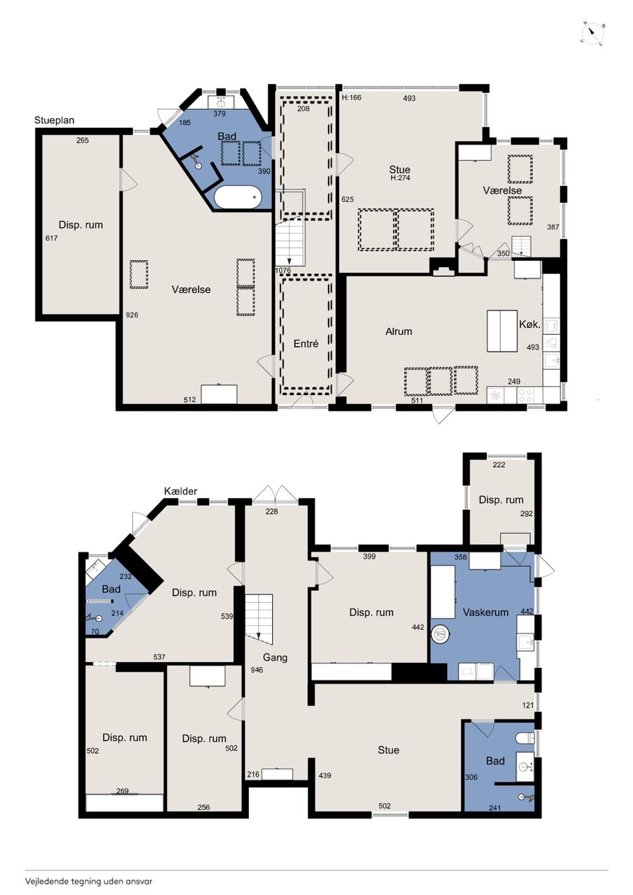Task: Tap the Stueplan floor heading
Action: click(55, 120)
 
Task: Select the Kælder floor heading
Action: click(180, 491)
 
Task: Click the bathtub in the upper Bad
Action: click(238, 197)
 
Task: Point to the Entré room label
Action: click(306, 343)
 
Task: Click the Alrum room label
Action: click(399, 331)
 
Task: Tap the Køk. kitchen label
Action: click(530, 324)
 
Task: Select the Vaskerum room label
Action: click(485, 612)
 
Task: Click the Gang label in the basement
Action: click(275, 657)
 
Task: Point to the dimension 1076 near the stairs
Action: click(283, 270)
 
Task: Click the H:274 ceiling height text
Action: click(400, 178)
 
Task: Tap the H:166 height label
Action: click(352, 97)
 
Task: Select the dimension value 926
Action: click(132, 315)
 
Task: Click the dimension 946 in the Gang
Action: click(257, 670)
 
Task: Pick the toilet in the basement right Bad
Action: click(525, 738)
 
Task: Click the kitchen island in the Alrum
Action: click(502, 331)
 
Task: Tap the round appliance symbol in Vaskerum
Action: click(441, 633)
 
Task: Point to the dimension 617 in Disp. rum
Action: click(52, 238)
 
